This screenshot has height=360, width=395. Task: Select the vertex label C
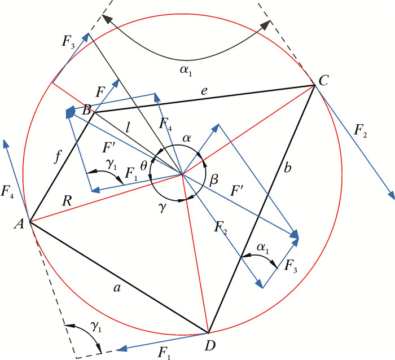(x=324, y=81)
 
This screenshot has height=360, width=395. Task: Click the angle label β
(x=213, y=181)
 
